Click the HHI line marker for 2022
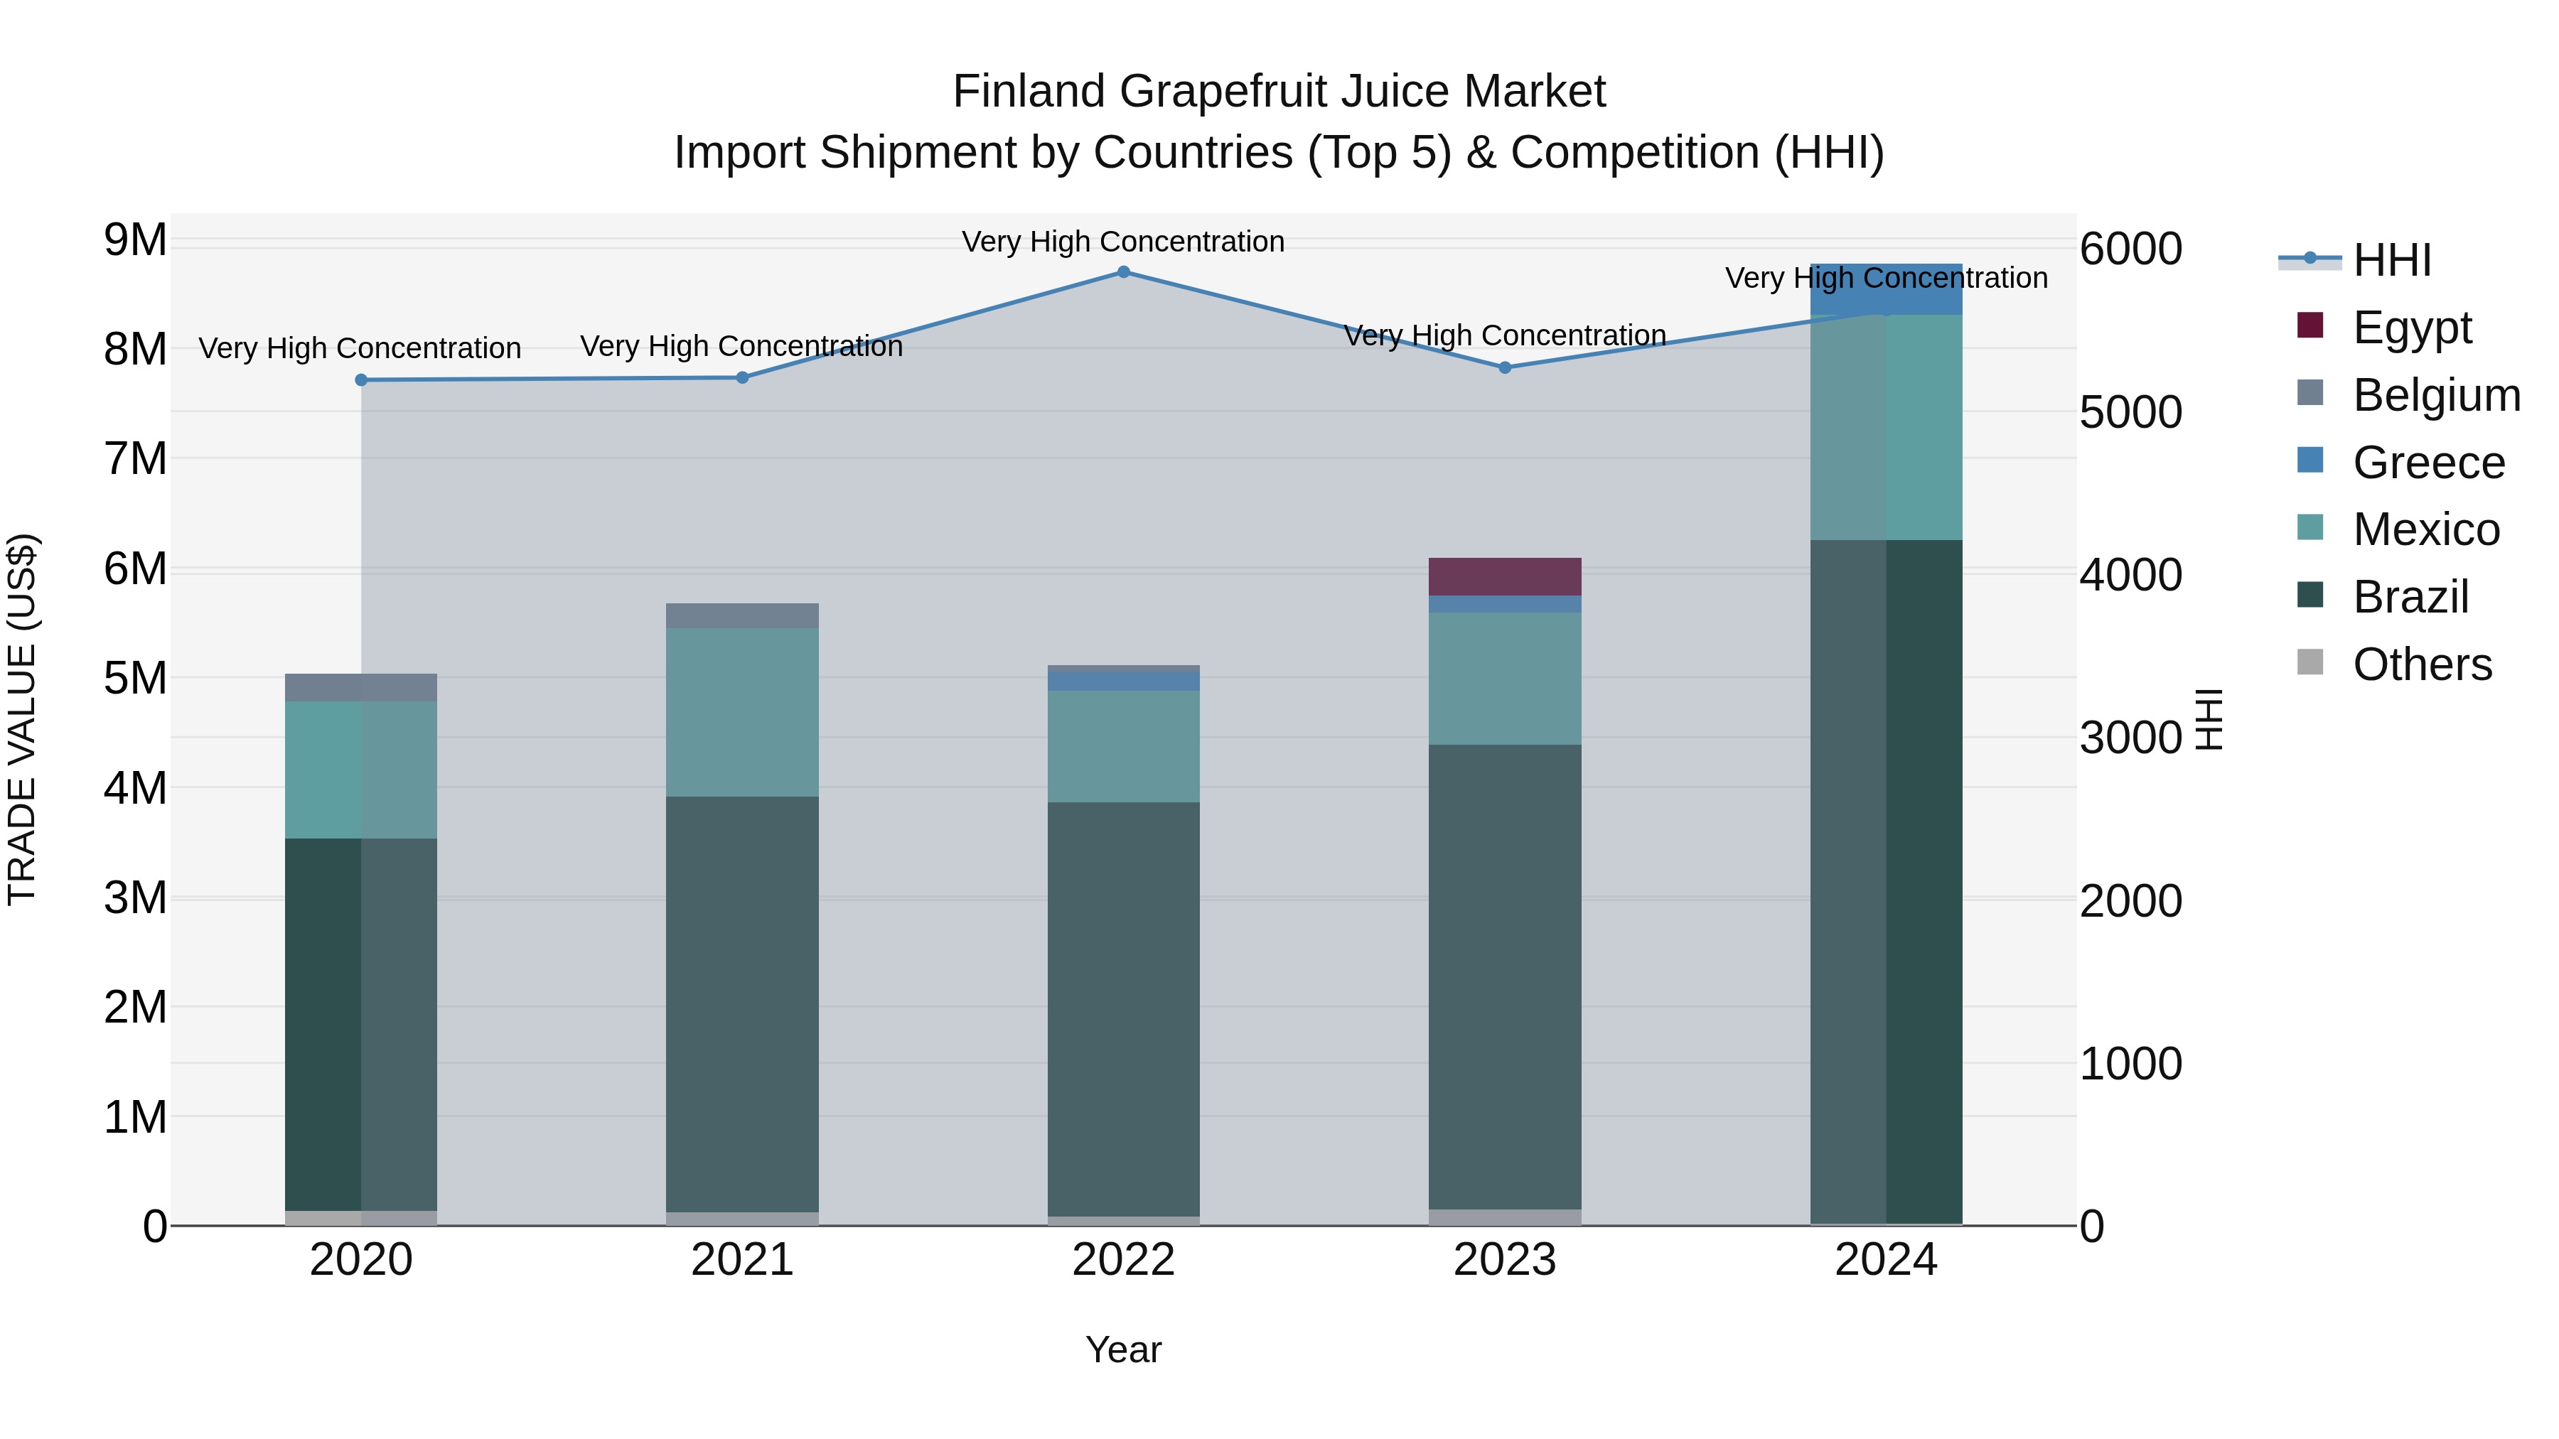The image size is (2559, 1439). point(1124,272)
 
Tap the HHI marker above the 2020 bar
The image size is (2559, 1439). point(362,380)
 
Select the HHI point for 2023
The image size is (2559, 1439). point(1505,367)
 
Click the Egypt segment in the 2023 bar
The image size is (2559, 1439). point(1505,577)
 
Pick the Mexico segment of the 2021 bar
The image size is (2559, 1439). point(742,712)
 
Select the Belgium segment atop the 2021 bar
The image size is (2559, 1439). point(742,615)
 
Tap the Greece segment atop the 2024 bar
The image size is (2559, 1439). point(1887,290)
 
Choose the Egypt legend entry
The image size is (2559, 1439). point(2412,328)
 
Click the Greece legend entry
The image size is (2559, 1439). point(2428,463)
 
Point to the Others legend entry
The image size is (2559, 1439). point(2422,664)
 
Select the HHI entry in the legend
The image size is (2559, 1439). point(2392,260)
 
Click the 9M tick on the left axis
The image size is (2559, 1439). point(135,240)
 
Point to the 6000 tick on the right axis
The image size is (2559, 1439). point(2131,249)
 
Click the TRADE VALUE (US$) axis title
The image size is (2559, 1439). point(23,719)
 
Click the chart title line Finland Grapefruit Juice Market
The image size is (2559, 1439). point(1279,92)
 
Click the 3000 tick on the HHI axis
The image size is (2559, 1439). point(2131,739)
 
